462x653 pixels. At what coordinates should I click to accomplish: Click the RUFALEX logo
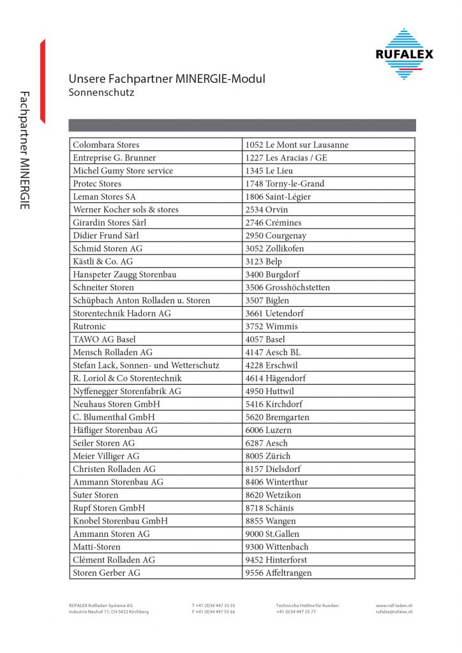404,54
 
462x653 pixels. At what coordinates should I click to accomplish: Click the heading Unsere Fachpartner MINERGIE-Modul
167,79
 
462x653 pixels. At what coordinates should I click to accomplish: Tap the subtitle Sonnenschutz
101,92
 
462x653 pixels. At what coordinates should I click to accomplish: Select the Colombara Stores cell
106,145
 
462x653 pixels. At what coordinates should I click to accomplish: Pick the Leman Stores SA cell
104,196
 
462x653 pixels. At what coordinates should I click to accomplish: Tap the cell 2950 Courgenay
275,235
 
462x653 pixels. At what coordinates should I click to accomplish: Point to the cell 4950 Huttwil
270,391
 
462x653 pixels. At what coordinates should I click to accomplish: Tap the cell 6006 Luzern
268,430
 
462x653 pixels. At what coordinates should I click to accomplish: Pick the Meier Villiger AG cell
106,456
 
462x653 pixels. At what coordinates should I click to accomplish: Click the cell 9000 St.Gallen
272,534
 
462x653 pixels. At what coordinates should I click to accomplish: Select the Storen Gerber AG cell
107,573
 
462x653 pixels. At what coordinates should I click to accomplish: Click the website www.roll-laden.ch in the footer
394,605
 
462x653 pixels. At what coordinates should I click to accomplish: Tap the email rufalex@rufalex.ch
394,612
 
